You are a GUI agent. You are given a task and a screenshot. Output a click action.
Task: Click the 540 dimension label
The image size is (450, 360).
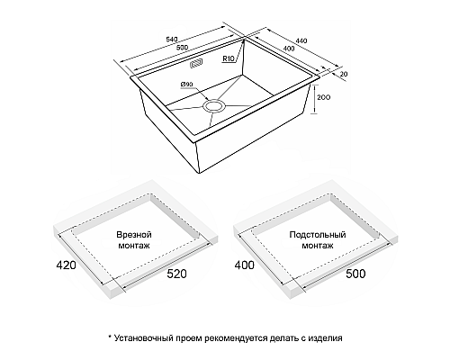[172, 40]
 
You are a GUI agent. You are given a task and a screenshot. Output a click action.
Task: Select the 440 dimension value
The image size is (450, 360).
[301, 40]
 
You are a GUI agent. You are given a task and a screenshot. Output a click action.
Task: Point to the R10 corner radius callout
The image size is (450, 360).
[229, 58]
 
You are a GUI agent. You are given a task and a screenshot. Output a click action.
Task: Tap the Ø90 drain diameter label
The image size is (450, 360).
[186, 85]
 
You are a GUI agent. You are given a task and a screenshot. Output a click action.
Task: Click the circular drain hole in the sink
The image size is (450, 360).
[213, 106]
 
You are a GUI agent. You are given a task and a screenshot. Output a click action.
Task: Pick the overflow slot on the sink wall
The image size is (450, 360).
[196, 63]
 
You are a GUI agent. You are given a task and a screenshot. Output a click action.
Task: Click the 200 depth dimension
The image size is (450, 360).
[323, 97]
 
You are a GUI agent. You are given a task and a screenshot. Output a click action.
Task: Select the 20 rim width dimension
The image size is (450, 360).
[344, 74]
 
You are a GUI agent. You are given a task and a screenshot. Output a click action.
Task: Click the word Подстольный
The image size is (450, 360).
[318, 234]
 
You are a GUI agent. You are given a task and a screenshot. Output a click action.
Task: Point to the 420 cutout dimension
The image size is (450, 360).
[66, 265]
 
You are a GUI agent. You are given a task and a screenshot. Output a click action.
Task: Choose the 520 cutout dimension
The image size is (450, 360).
[176, 274]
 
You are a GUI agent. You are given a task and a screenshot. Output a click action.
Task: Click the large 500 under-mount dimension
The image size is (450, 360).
[355, 274]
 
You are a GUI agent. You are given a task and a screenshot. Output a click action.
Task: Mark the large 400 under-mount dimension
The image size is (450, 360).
[244, 265]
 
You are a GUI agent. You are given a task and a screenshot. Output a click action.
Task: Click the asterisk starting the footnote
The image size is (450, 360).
[110, 337]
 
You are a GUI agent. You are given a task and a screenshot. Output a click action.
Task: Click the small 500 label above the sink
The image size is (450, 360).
[182, 48]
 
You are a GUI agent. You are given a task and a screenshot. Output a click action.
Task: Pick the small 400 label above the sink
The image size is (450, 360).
[289, 49]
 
